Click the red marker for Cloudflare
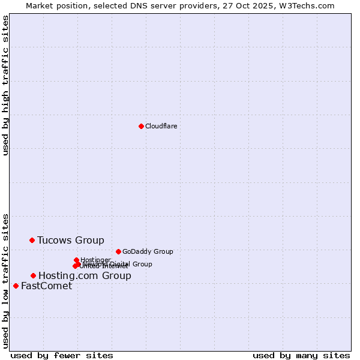pos(141,126)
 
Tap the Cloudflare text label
pos(161,126)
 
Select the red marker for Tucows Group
pos(32,240)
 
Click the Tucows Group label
pos(70,240)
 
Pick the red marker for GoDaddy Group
pos(118,251)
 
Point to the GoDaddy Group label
pos(147,251)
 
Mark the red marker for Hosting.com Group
pos(33,275)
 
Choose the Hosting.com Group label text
pos(85,275)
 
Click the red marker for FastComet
pos(16,286)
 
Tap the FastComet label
pos(46,286)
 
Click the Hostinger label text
pos(95,259)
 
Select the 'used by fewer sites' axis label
pos(62,355)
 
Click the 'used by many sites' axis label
pos(301,355)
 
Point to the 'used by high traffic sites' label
pos(5,86)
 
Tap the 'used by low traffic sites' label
pos(5,280)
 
